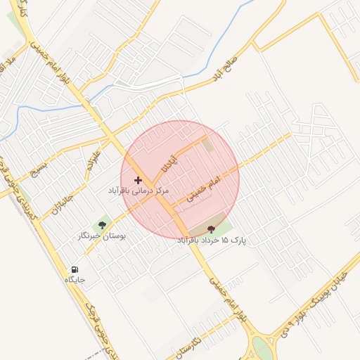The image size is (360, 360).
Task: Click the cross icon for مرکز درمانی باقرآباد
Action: click(138, 181)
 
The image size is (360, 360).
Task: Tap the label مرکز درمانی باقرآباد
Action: click(139, 191)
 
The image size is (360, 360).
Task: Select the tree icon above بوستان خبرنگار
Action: click(103, 225)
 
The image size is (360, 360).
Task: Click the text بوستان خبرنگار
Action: click(102, 237)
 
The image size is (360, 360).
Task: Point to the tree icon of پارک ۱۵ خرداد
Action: click(212, 229)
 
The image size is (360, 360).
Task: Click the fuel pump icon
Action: click(75, 269)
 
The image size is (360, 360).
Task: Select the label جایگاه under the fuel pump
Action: click(75, 280)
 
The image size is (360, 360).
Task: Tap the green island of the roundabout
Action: click(262, 347)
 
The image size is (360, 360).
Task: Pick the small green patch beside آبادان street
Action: click(208, 146)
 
